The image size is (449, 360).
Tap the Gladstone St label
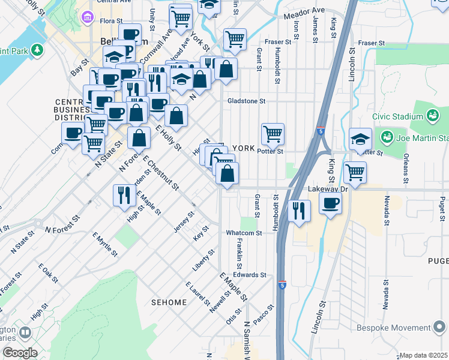click(246, 101)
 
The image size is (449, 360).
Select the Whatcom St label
click(241, 233)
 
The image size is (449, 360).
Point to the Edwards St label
click(250, 275)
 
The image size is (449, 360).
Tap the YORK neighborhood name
click(244, 148)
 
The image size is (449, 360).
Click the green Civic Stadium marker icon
click(433, 115)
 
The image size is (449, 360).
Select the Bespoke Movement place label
click(405, 328)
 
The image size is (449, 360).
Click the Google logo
click(19, 352)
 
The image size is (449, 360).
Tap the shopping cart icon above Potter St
click(273, 133)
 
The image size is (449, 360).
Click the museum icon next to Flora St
click(88, 18)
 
